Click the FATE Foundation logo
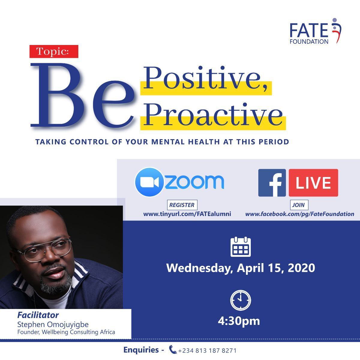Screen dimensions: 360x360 316,31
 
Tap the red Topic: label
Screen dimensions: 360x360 54,51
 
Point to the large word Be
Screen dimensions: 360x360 82,95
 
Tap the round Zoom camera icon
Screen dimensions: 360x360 149,182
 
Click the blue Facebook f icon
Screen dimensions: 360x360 272,183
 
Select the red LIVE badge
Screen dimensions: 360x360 313,183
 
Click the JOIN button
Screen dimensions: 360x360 299,205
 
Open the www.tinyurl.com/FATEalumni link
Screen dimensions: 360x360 187,214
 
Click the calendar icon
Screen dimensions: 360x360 241,247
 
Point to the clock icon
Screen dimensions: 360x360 240,300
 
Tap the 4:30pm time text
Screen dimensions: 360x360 239,321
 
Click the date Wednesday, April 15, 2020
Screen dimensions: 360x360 241,268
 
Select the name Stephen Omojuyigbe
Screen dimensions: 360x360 53,325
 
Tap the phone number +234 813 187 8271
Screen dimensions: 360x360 207,350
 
